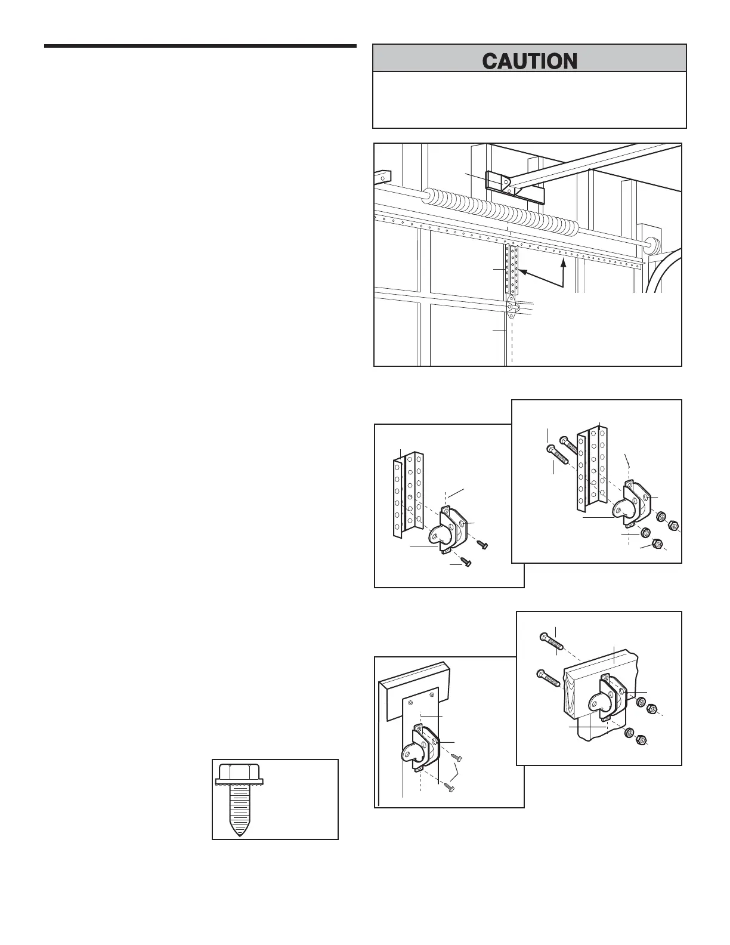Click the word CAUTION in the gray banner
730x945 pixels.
pos(530,61)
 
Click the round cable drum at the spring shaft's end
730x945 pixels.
pos(651,245)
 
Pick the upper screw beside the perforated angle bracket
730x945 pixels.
pos(483,545)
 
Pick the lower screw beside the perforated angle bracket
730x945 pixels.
pos(465,562)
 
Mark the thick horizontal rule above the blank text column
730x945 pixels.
pos(200,46)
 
